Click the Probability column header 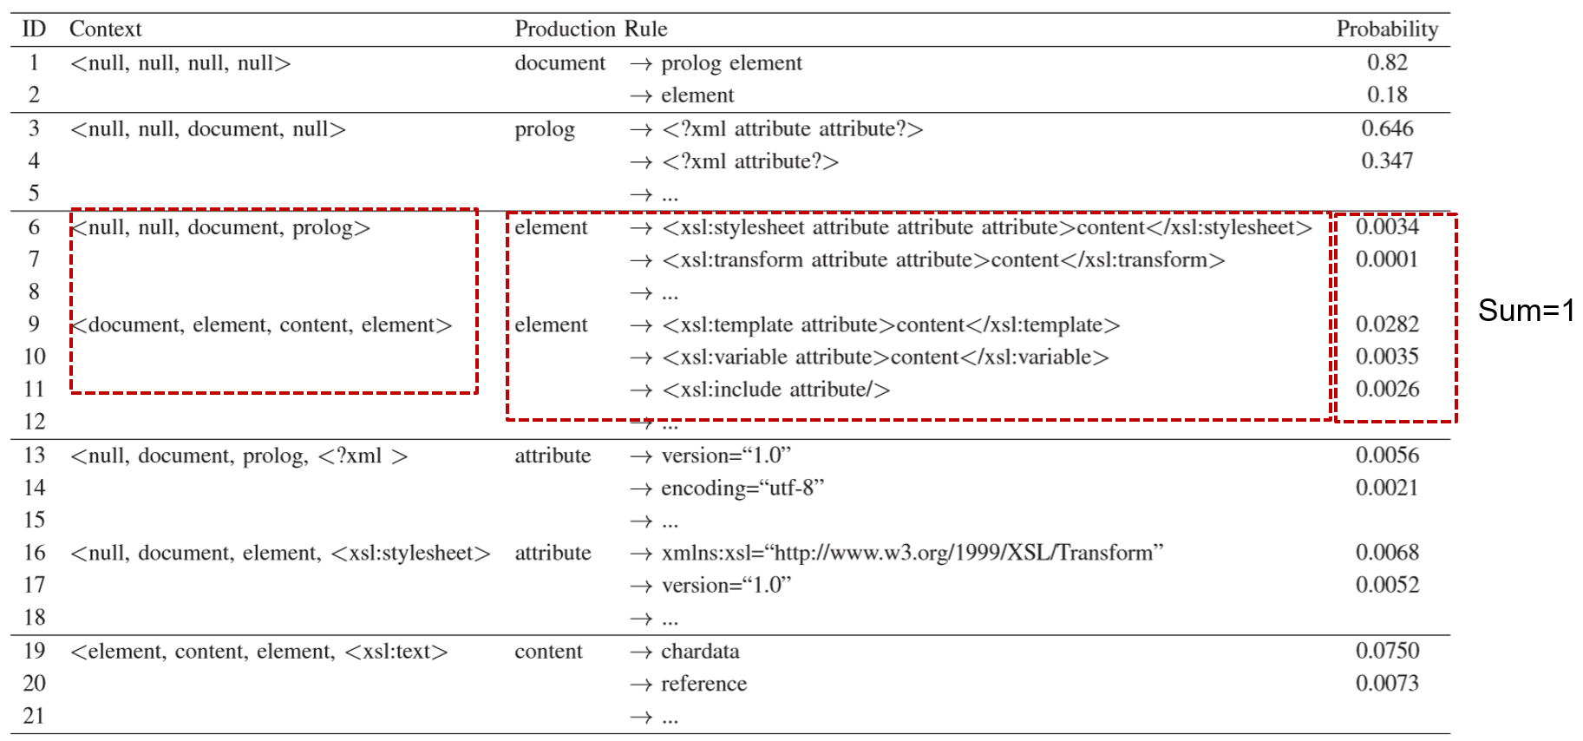pos(1386,29)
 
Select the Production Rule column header pos(591,29)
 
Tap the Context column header pos(105,29)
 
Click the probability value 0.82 pos(1387,62)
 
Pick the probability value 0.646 pos(1387,128)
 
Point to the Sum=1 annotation pos(1526,311)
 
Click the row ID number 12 pos(35,422)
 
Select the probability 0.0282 pos(1387,325)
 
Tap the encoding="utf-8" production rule pos(742,488)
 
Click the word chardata pos(700,651)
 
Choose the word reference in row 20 pos(703,684)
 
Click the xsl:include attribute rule pos(775,390)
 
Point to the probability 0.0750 pos(1387,651)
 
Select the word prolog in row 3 pos(545,129)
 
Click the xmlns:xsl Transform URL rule pos(911,553)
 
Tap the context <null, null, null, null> pos(180,63)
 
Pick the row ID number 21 pos(35,716)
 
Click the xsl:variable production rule pos(885,357)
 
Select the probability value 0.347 pos(1387,161)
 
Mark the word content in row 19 pos(548,652)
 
